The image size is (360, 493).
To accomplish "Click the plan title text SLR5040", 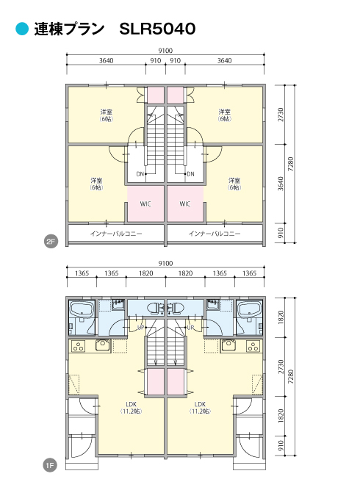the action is [157, 29].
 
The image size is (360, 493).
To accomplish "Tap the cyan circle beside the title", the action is [22, 29].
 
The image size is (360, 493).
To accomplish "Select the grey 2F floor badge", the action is [51, 242].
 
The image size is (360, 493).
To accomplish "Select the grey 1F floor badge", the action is [50, 464].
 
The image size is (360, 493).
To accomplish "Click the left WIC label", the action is [145, 204].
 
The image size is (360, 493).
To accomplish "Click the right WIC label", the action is [185, 204].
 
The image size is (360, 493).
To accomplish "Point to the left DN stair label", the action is [140, 174].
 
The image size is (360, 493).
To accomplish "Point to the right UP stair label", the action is [190, 328].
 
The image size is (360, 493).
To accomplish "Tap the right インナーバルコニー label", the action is [215, 234].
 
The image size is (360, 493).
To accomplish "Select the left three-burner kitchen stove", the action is [79, 346].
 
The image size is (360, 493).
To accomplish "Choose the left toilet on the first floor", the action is [154, 309].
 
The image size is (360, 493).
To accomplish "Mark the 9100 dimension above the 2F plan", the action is [165, 51].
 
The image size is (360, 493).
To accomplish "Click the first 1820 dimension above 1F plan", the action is [146, 273].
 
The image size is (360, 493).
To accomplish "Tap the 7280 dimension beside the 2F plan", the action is [290, 164].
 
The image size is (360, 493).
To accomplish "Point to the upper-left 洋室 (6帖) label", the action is [107, 115].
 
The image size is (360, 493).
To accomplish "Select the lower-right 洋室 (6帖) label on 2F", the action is [234, 184].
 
